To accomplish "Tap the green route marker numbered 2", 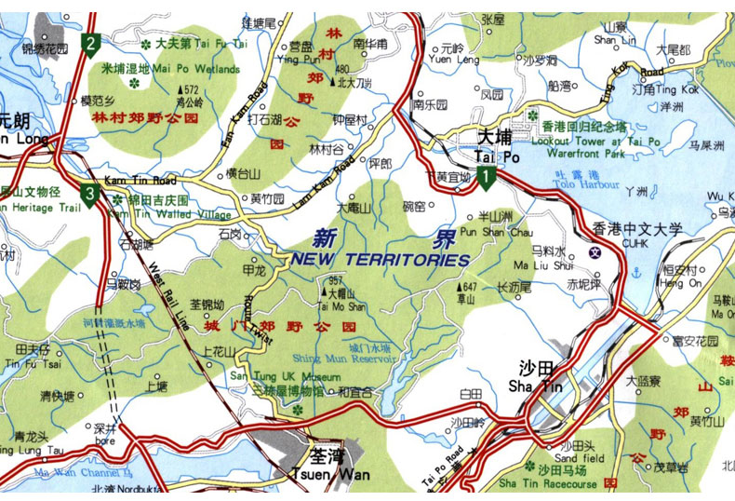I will click(90, 42).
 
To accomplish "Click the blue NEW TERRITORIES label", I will click(379, 259).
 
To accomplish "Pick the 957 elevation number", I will click(337, 280).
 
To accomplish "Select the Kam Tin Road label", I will click(140, 179).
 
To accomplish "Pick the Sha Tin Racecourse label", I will click(547, 482).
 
